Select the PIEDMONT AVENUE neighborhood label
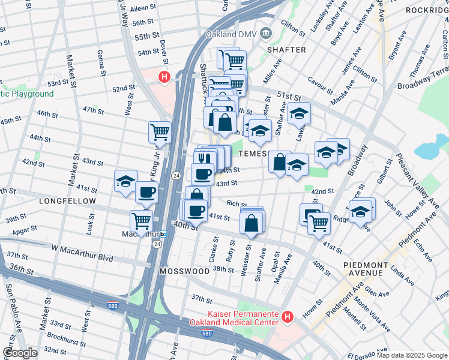click(x=363, y=269)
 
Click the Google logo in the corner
click(x=20, y=353)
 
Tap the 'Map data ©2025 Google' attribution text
click(x=411, y=355)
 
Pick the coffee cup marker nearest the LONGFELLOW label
click(x=146, y=193)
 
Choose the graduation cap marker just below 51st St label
click(x=298, y=113)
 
